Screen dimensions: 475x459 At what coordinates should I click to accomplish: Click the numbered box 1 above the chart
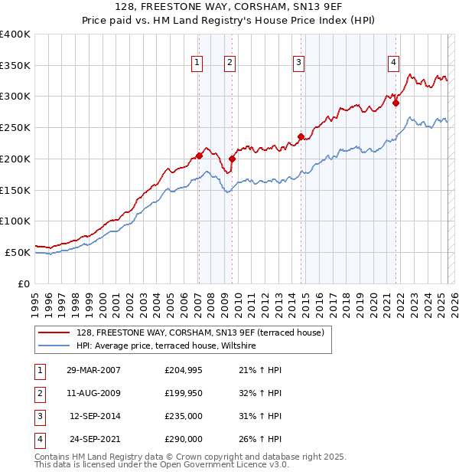(197, 63)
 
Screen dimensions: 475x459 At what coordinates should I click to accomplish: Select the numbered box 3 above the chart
(298, 63)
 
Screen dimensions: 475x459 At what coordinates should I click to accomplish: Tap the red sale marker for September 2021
(396, 103)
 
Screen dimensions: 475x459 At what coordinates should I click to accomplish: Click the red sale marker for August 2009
(232, 159)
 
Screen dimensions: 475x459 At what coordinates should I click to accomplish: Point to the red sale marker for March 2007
(199, 156)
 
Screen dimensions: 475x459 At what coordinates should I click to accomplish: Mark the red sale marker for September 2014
(301, 137)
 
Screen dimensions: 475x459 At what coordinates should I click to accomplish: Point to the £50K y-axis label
(18, 252)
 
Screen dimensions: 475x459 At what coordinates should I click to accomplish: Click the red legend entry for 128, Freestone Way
(200, 332)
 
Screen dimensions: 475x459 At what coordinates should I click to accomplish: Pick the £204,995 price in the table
(184, 370)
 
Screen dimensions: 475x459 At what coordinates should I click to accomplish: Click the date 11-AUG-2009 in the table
(94, 393)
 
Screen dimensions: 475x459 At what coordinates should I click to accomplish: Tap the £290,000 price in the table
(184, 439)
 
